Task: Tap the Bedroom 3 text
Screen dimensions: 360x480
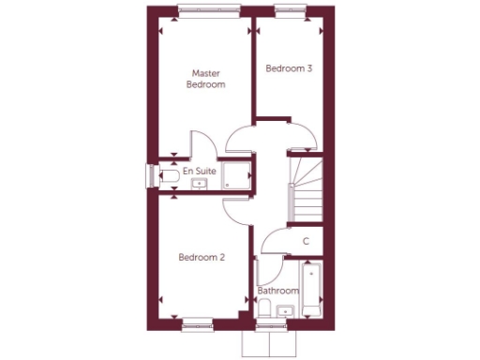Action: (289, 68)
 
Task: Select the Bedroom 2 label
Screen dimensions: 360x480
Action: (202, 256)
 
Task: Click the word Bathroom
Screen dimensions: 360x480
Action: (277, 292)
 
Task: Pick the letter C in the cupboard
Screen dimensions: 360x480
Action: (306, 242)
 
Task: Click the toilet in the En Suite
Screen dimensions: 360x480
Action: (169, 174)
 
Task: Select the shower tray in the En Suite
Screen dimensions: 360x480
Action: (238, 174)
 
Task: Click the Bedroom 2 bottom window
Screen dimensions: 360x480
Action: (197, 322)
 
